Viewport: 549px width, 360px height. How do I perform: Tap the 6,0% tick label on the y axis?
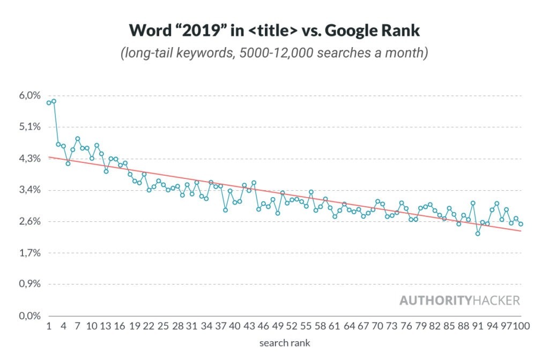[x=30, y=96]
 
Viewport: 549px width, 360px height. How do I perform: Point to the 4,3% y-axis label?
[x=30, y=159]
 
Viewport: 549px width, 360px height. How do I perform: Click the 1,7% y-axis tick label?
[x=30, y=253]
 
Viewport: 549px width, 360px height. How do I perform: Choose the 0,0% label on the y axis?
[x=30, y=316]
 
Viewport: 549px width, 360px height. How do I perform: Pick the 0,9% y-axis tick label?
[x=30, y=284]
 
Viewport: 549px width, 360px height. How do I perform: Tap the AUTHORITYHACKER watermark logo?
[x=459, y=300]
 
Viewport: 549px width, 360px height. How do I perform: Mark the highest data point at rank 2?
[x=54, y=101]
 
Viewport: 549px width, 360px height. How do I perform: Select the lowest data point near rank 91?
[x=478, y=234]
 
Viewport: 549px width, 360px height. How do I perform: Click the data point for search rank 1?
[x=49, y=103]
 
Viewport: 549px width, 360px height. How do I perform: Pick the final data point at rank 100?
[x=521, y=224]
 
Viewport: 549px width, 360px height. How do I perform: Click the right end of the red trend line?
[x=521, y=231]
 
